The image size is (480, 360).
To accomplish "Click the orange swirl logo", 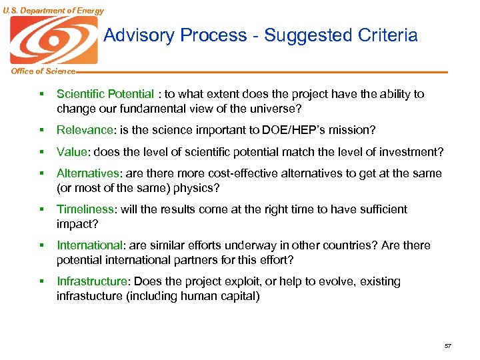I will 53,40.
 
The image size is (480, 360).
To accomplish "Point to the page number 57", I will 447,345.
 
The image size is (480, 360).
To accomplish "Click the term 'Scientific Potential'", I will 105,94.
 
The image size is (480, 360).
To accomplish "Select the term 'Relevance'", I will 85,130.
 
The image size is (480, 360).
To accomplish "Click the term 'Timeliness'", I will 86,209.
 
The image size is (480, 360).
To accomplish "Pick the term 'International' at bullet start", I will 90,245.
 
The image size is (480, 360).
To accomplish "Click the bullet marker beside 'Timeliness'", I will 41,209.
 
